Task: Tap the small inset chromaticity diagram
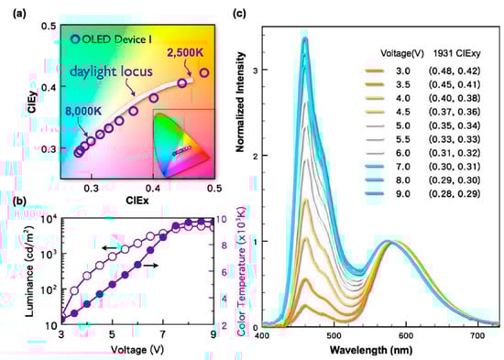click(x=182, y=142)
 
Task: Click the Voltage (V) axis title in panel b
click(x=126, y=351)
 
